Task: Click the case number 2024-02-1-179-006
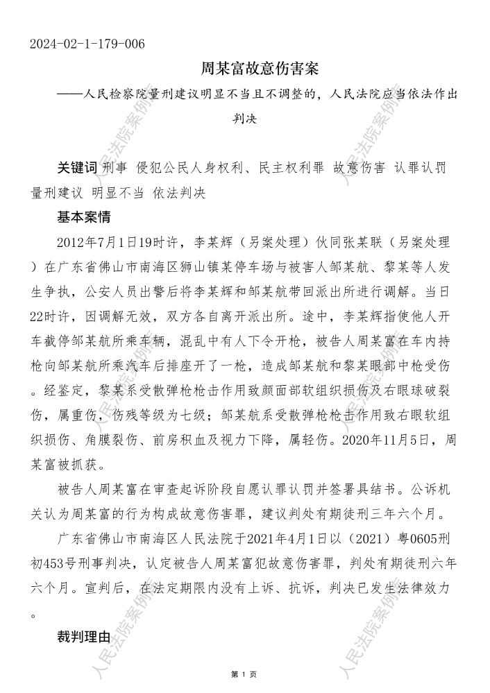tap(87, 44)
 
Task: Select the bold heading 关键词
tap(77, 169)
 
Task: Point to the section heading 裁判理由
tap(84, 636)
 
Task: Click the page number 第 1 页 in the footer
tap(244, 674)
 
